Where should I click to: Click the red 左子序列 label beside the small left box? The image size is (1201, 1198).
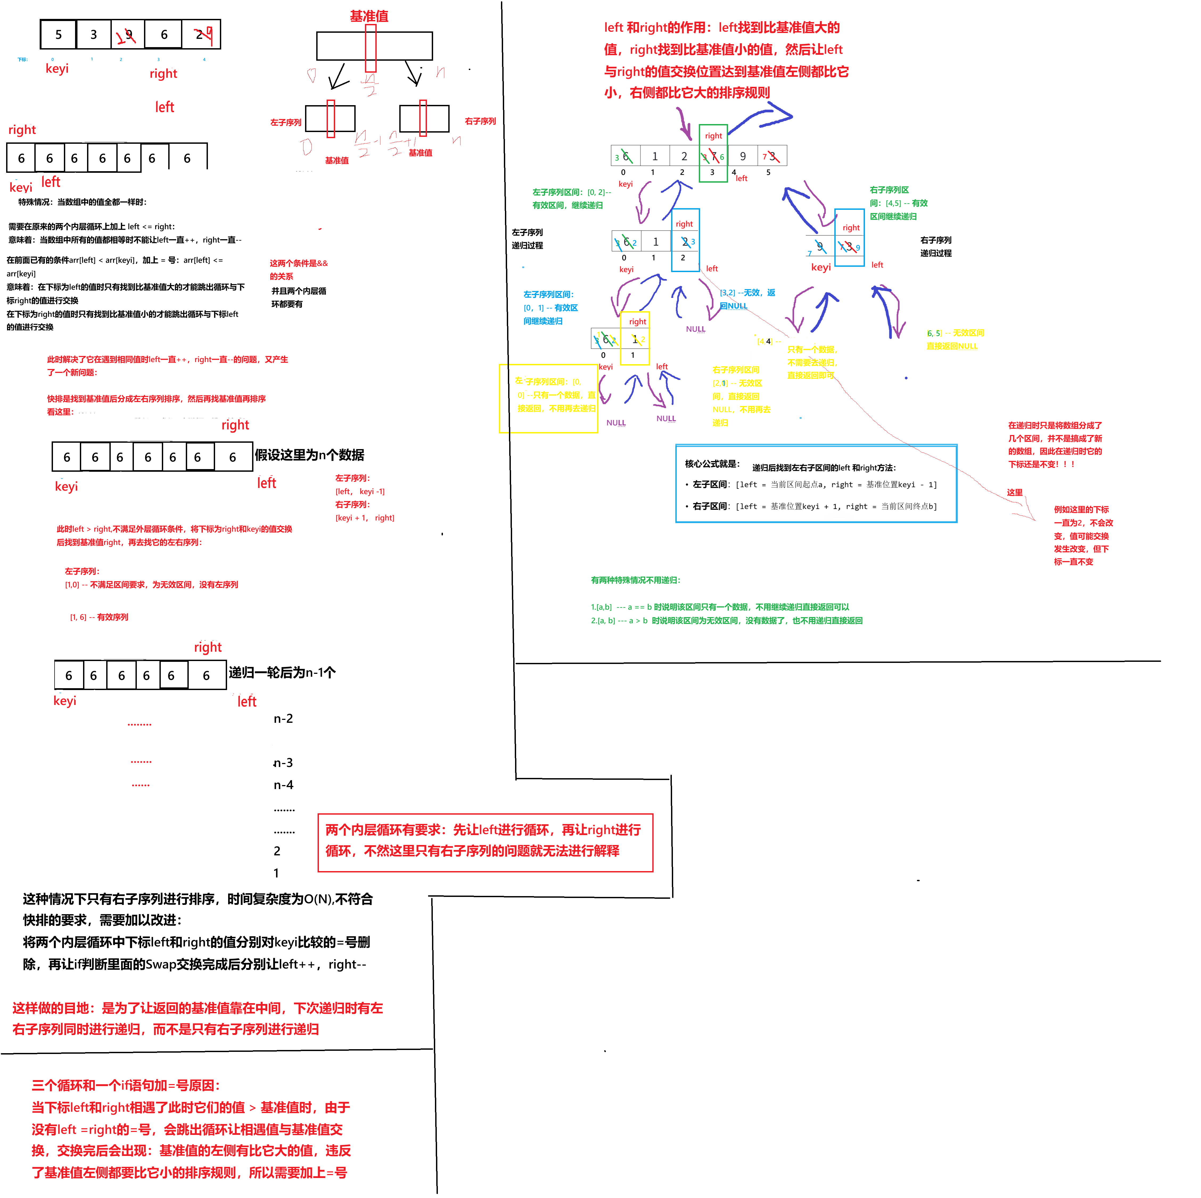(x=285, y=122)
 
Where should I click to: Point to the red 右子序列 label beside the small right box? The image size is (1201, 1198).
(x=480, y=121)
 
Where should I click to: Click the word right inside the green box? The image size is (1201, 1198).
(x=713, y=136)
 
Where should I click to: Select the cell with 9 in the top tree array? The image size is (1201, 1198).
(x=742, y=156)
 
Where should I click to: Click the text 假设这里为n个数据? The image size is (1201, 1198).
(x=309, y=455)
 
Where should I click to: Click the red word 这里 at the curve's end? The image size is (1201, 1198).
(x=1014, y=493)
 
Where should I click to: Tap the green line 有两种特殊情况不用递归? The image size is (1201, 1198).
(x=635, y=580)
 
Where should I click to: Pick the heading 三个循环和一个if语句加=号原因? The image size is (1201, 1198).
(x=126, y=1085)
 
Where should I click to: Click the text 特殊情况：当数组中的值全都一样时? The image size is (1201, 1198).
(x=82, y=202)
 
